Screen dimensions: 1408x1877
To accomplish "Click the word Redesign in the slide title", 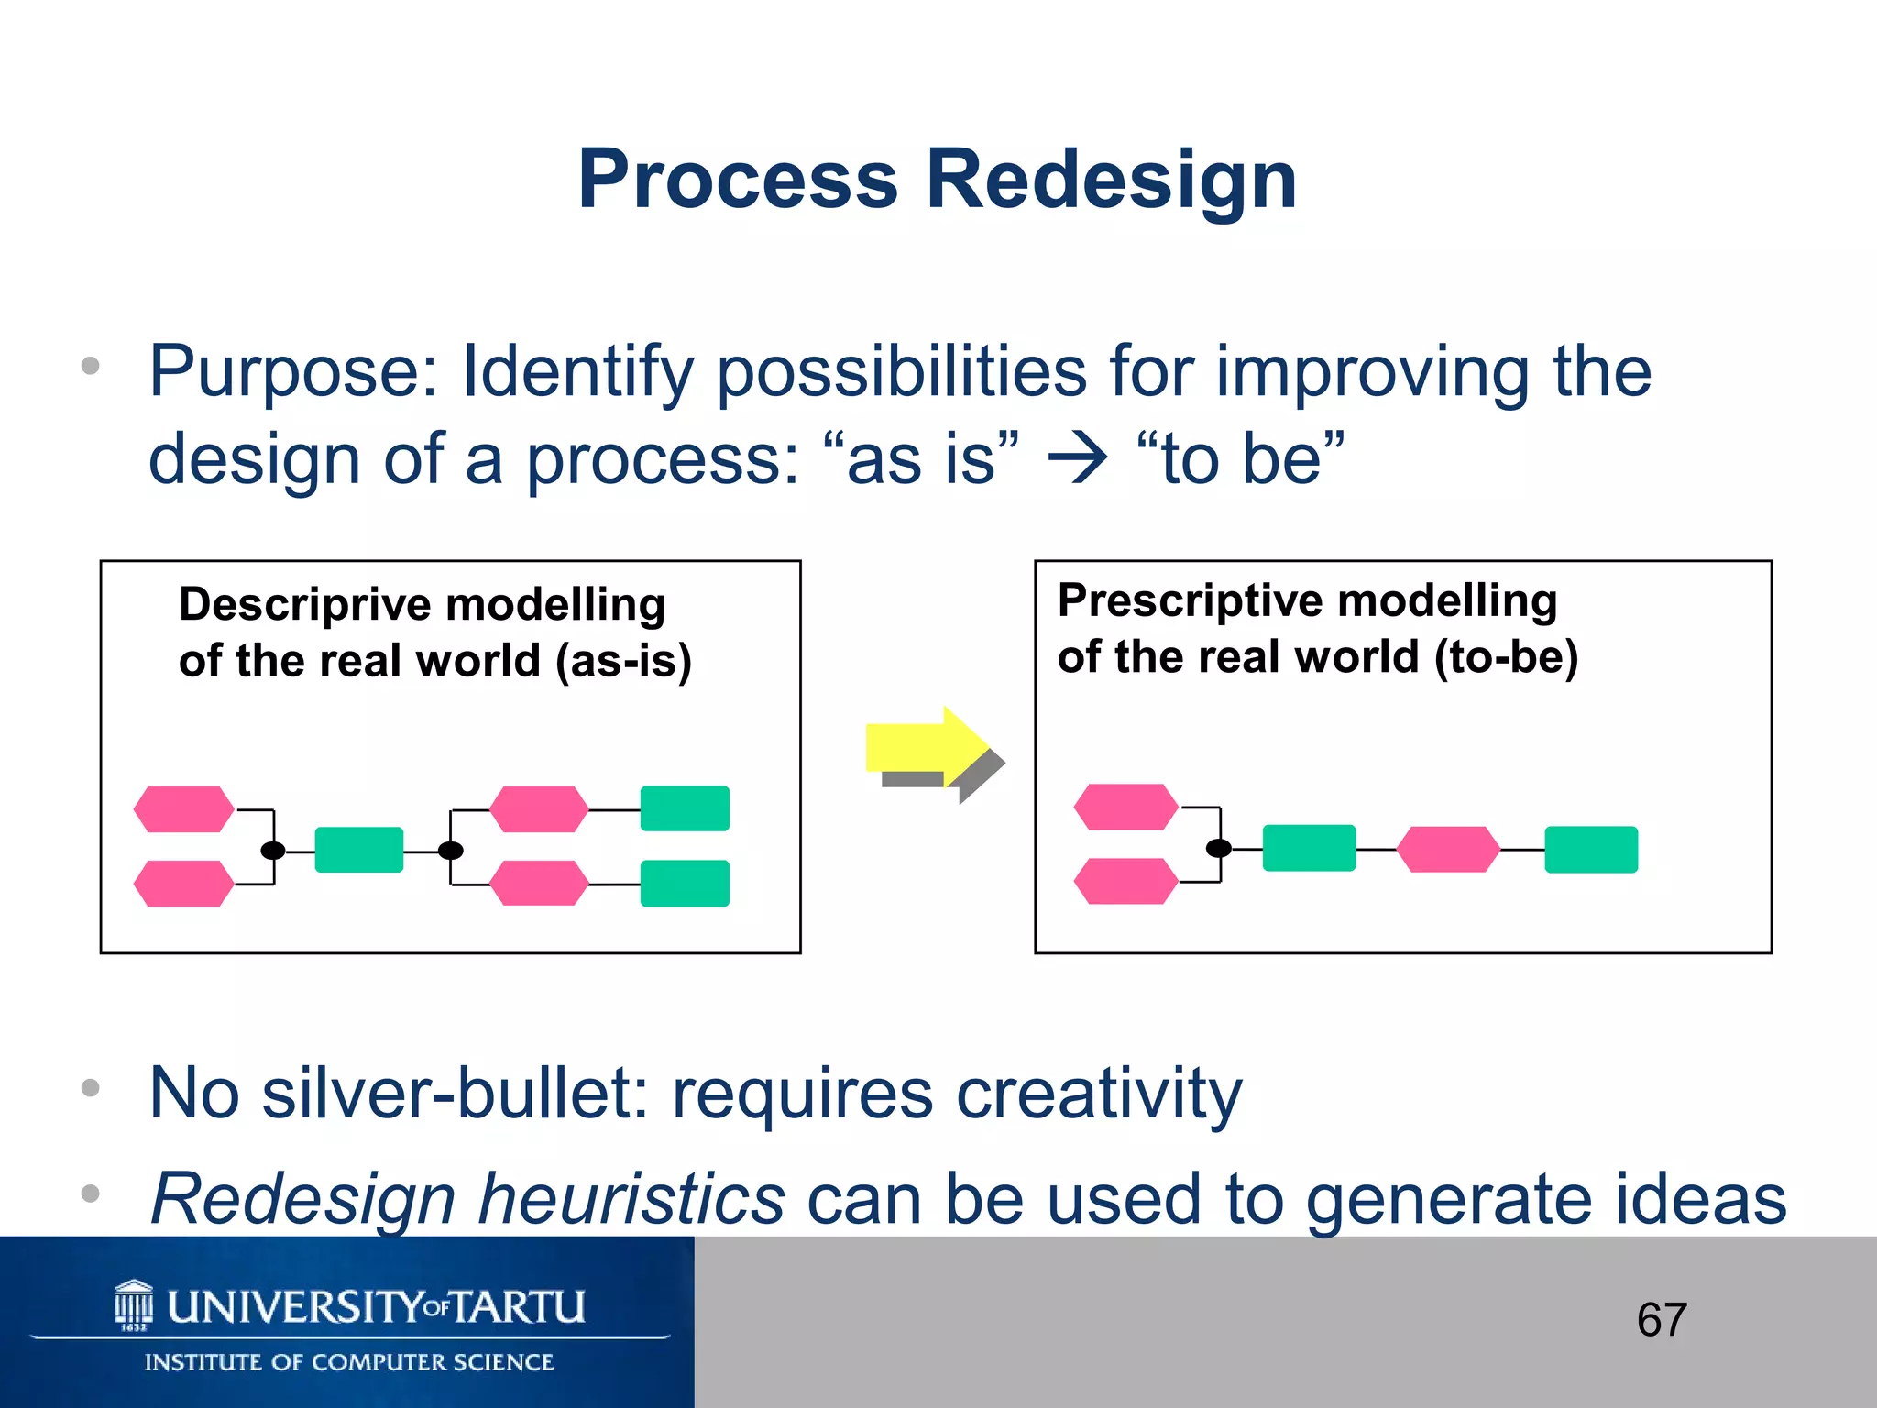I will [1111, 181].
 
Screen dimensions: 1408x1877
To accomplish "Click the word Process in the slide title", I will [738, 181].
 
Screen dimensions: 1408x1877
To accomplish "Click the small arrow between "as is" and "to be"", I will [1078, 459].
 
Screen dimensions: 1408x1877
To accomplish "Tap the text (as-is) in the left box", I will [623, 661].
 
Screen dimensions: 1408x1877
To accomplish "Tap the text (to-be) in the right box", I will [1506, 657].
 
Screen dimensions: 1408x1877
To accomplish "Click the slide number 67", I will [1661, 1320].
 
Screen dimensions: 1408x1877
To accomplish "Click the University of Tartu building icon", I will [134, 1304].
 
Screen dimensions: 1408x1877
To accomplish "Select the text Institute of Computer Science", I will [349, 1362].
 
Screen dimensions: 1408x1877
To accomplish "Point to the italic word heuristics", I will [631, 1199].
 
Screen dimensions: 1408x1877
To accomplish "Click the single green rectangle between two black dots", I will [358, 850].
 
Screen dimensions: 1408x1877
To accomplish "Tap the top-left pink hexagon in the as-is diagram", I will [183, 809].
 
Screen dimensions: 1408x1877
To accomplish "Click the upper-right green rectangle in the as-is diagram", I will [685, 808].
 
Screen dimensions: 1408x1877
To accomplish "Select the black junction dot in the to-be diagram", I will [1218, 848].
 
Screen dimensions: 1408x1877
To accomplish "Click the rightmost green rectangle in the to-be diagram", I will [1591, 850].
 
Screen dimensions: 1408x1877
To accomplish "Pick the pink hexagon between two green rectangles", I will [1448, 850].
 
